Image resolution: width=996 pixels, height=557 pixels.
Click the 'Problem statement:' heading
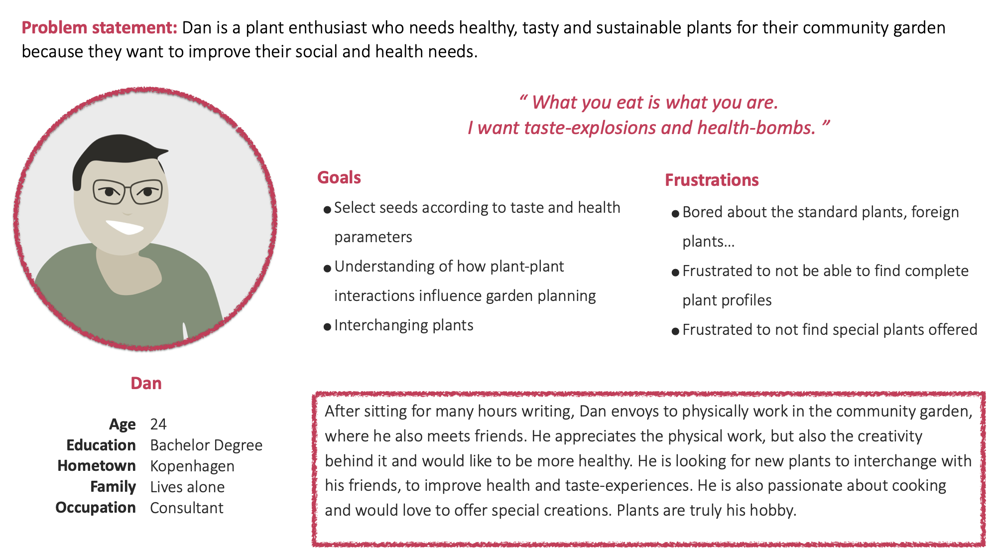(99, 28)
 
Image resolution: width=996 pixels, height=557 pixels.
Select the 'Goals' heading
(339, 178)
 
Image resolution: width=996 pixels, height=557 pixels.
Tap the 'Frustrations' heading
(712, 180)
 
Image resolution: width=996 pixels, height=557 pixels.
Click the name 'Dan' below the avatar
(146, 383)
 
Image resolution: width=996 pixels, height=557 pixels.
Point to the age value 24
(158, 424)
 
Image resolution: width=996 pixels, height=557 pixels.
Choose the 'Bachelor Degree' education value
(206, 445)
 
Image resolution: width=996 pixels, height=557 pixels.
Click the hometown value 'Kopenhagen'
(192, 466)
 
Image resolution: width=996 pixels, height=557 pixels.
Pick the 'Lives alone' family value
(187, 487)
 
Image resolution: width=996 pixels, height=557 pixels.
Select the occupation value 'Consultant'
(187, 508)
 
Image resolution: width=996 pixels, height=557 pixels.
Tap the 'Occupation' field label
(96, 508)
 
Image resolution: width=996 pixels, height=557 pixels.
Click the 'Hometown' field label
(97, 466)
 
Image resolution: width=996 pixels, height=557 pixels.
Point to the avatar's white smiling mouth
(124, 227)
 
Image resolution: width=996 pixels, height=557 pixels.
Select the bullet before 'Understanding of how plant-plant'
(327, 269)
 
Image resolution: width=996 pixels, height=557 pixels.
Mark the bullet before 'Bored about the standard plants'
(675, 214)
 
